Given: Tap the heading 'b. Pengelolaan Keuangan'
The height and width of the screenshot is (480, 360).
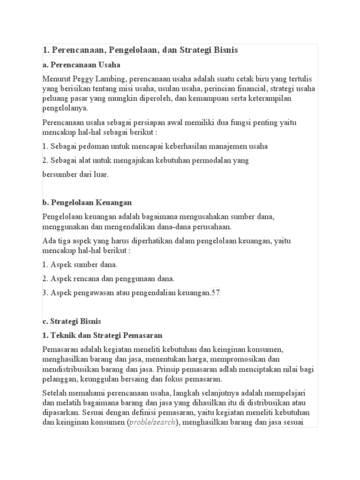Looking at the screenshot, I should tap(87, 202).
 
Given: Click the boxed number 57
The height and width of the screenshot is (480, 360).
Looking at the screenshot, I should tap(216, 293).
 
